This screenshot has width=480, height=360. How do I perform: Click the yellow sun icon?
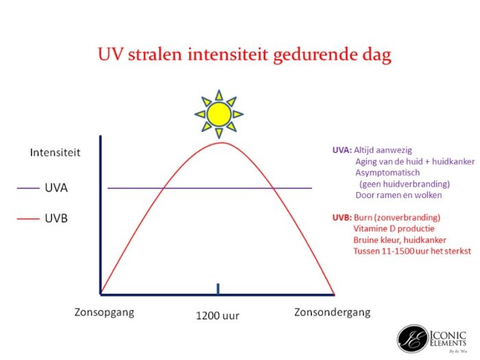pos(219,115)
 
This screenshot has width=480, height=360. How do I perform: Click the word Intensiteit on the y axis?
pos(55,152)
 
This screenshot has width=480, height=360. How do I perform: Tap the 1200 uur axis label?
pos(217,315)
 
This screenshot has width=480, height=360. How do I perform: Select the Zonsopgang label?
pos(104,313)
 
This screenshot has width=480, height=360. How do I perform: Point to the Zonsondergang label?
pos(333,313)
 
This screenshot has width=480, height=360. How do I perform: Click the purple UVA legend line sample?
pos(28,188)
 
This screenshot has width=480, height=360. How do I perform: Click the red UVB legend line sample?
pos(28,219)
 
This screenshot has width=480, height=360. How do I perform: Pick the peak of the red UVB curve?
pos(221,143)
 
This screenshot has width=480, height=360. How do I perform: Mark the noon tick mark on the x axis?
pos(218,289)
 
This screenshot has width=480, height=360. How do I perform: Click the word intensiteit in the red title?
pos(228,54)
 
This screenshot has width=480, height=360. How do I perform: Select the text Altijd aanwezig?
pos(383,150)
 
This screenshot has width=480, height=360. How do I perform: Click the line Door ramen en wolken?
pos(398,195)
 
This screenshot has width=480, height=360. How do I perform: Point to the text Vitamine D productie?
pos(394,228)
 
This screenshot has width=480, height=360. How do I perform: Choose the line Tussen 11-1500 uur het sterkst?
pos(412,251)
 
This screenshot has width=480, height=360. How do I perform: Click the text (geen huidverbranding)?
pos(405,184)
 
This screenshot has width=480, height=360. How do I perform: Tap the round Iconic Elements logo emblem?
pos(412,339)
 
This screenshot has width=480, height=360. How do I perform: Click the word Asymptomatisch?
pos(387,173)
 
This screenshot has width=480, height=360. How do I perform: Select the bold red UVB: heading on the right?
pos(342,217)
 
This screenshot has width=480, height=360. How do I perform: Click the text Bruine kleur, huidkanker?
pos(400,240)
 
